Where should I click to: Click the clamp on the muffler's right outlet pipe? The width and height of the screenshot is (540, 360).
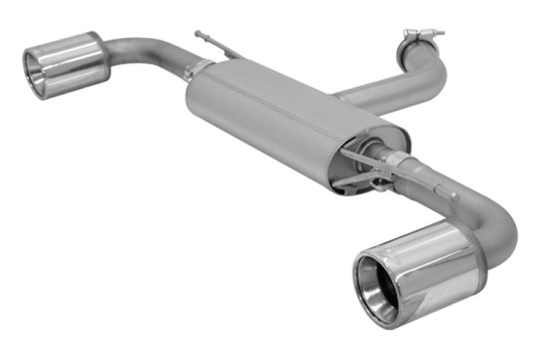[401, 162]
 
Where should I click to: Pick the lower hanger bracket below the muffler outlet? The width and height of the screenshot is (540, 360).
[358, 179]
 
